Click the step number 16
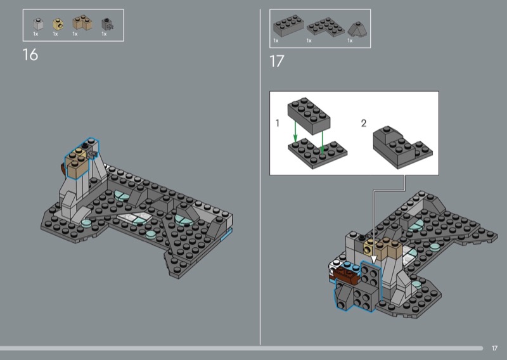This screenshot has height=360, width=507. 30,55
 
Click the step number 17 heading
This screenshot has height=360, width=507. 276,61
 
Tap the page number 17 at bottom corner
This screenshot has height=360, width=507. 494,348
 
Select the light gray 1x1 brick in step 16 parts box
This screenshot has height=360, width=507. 38,24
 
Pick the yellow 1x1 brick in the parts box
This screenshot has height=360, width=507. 58,24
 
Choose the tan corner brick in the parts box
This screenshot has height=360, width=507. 82,23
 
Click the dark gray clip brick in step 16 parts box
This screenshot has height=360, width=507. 107,24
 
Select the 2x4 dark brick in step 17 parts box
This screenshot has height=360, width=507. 288,25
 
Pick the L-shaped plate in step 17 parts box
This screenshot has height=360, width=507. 326,27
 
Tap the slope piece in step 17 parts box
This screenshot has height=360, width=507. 357,29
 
